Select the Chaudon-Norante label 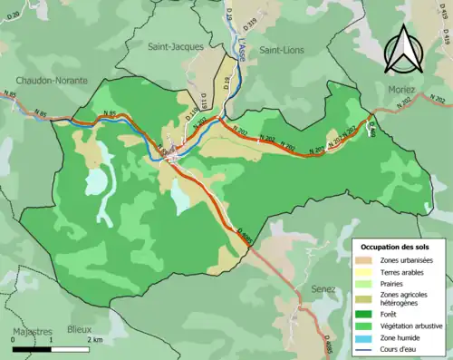pos(52,81)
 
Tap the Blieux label pos(80,330)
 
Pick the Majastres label pos(31,330)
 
